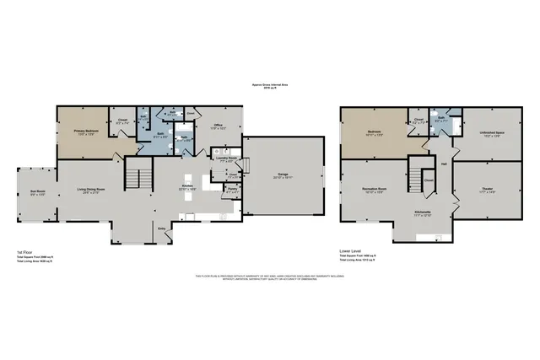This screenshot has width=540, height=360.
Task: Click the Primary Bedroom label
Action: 82,131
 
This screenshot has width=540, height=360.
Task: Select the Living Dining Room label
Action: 89,190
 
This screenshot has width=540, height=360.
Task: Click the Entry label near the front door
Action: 161,227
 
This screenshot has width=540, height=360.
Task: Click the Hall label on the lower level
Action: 443,164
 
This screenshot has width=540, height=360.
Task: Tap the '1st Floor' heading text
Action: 24,251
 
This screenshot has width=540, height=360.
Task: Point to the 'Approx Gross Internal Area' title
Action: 270,84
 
